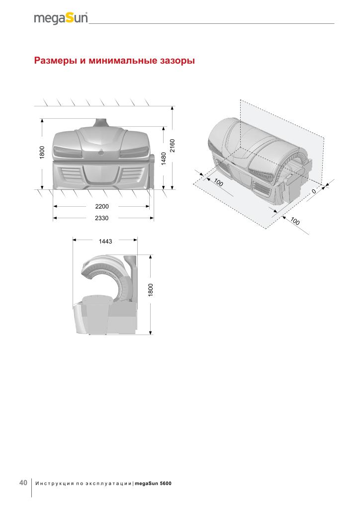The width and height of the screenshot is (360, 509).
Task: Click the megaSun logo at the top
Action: click(x=61, y=18)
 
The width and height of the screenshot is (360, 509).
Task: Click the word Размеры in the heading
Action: click(x=56, y=61)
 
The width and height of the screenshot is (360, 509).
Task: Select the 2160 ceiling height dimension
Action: click(x=173, y=146)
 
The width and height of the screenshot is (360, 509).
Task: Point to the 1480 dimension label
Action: click(x=164, y=159)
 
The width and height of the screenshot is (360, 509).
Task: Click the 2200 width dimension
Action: click(x=102, y=206)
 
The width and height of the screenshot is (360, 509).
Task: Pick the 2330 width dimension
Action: click(x=101, y=218)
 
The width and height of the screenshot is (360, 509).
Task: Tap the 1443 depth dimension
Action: click(x=105, y=241)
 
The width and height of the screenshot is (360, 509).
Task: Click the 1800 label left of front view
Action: click(x=42, y=153)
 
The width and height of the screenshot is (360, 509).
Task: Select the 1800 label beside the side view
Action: click(x=151, y=290)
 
